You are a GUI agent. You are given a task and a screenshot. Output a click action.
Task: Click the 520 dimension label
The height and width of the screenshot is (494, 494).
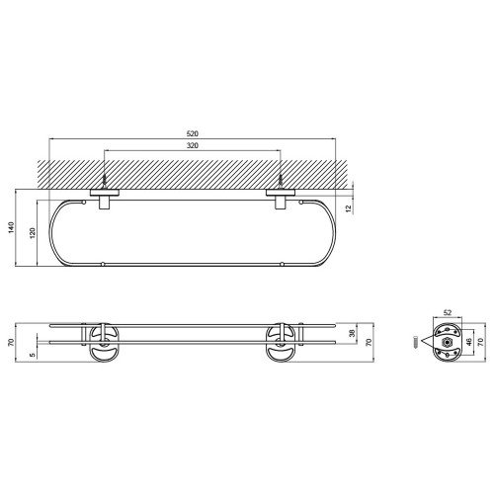(193, 133)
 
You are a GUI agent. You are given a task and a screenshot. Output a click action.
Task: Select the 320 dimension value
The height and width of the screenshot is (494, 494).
(193, 145)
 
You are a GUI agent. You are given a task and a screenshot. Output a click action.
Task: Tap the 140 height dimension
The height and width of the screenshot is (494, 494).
(12, 227)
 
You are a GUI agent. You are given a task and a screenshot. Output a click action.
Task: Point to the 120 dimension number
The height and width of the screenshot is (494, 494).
(33, 233)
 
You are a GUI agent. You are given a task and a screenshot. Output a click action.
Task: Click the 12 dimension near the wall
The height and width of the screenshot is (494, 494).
(349, 207)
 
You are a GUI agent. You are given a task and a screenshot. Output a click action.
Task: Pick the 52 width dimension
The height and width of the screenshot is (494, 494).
(448, 312)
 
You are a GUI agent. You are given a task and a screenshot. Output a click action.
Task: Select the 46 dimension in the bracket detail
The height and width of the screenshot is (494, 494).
(469, 342)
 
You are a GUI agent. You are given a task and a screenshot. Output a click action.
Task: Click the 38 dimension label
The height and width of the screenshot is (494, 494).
(353, 333)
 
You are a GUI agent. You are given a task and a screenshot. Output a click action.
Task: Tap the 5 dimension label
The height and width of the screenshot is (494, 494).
(32, 355)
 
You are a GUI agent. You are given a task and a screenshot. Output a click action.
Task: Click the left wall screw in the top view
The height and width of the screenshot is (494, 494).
(104, 181)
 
